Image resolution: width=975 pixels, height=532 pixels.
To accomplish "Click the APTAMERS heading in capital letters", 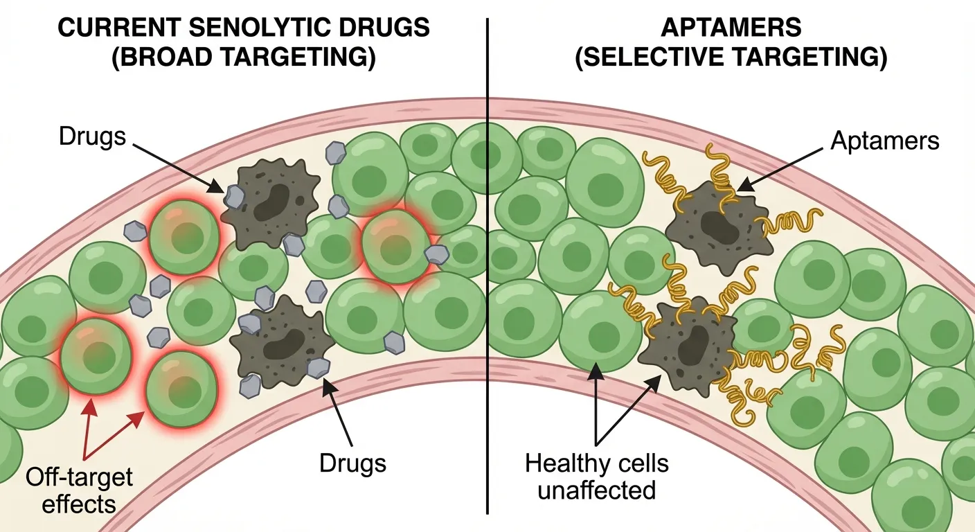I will click(731, 28).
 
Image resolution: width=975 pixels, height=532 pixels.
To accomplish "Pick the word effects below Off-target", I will click(78, 504).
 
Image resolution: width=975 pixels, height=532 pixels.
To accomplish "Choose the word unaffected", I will click(596, 490).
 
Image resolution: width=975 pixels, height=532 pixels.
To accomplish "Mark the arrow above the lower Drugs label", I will click(339, 409).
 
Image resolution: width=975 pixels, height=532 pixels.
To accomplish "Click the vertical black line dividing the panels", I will click(488, 277).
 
